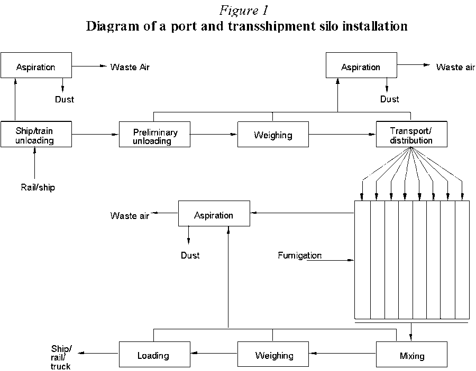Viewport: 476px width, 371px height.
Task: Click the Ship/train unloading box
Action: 36,134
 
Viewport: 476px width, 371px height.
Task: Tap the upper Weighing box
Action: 273,134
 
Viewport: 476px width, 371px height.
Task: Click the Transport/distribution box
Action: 411,134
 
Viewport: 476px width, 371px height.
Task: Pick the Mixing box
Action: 411,355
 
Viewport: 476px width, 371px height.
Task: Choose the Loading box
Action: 154,355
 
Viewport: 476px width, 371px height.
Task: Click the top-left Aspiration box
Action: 36,66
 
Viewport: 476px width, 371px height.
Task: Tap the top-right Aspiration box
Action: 361,66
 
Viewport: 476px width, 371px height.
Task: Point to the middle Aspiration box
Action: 214,215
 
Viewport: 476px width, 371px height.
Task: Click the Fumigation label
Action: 299,256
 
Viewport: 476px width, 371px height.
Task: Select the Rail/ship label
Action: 35,187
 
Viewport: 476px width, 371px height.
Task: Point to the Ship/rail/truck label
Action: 61,358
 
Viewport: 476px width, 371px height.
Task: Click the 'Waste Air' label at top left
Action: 130,67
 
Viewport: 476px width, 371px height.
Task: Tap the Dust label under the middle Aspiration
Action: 190,255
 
